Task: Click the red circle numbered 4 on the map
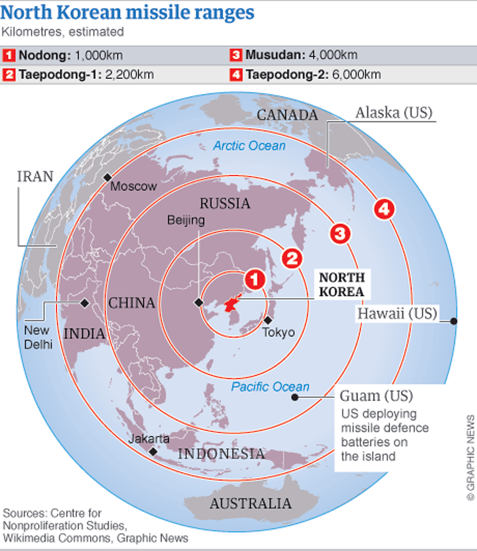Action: pos(384,209)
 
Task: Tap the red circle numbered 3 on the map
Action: pos(340,233)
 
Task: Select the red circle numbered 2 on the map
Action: pos(292,258)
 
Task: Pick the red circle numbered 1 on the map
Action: pos(255,279)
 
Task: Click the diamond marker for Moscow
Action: pos(107,177)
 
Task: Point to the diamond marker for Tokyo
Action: pos(268,320)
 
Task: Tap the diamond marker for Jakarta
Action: pos(153,451)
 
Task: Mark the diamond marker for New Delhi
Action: pos(85,303)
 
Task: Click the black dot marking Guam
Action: pos(295,397)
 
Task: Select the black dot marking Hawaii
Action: pos(453,321)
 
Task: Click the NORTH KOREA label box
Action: pos(342,285)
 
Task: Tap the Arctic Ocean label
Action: pos(249,146)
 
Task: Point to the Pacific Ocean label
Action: pos(270,387)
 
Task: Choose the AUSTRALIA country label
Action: pos(250,504)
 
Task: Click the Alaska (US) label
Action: pos(394,113)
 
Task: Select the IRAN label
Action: pos(35,176)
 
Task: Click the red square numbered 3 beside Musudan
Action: pos(236,55)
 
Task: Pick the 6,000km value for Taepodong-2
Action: pos(356,75)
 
